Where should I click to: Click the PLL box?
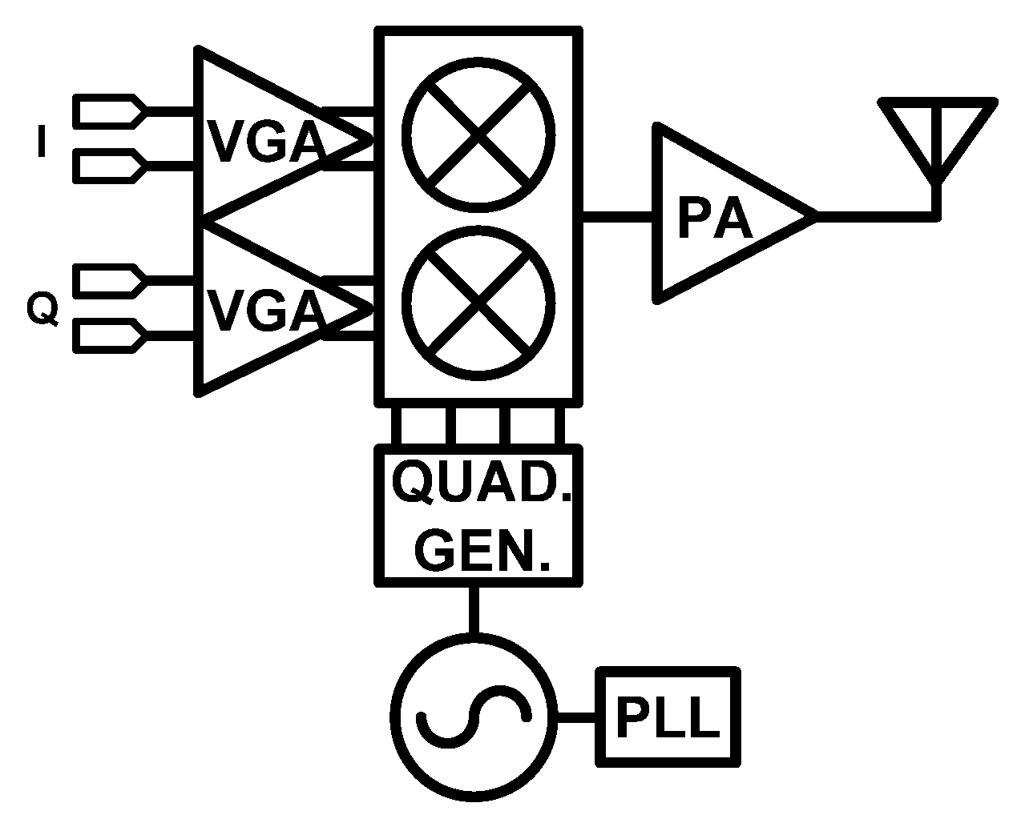[667, 717]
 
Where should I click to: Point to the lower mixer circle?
[478, 303]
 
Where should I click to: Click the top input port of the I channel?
[109, 111]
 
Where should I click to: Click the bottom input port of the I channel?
[109, 166]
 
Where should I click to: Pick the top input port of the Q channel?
[109, 281]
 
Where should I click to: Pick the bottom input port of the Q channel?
[109, 335]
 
